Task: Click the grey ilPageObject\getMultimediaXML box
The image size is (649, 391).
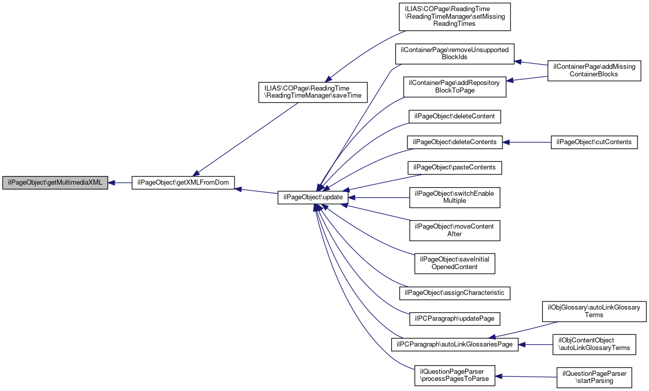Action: click(x=55, y=183)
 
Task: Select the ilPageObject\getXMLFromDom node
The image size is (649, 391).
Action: click(x=183, y=183)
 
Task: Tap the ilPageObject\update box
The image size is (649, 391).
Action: click(x=313, y=197)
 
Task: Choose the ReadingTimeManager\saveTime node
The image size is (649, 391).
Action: click(x=310, y=92)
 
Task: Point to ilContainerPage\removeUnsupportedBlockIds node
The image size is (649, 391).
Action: click(x=454, y=54)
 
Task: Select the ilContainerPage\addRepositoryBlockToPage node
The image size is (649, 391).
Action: click(x=454, y=86)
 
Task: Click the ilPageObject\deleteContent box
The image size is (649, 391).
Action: click(x=454, y=116)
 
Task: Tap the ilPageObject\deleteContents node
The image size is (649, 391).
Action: click(x=454, y=142)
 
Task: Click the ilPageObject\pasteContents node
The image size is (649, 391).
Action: click(x=454, y=167)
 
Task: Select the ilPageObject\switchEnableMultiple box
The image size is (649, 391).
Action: click(x=454, y=197)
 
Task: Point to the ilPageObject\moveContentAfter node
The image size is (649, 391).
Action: click(x=454, y=230)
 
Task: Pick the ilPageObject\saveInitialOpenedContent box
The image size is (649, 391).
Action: click(x=454, y=263)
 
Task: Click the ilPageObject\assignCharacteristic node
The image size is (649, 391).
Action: click(x=454, y=292)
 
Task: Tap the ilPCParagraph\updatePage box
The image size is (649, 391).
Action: click(x=454, y=319)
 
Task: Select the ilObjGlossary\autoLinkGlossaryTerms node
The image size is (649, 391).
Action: click(x=594, y=311)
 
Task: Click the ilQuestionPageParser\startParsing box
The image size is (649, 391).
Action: click(x=594, y=377)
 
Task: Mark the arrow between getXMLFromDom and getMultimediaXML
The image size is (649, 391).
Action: click(x=120, y=183)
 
